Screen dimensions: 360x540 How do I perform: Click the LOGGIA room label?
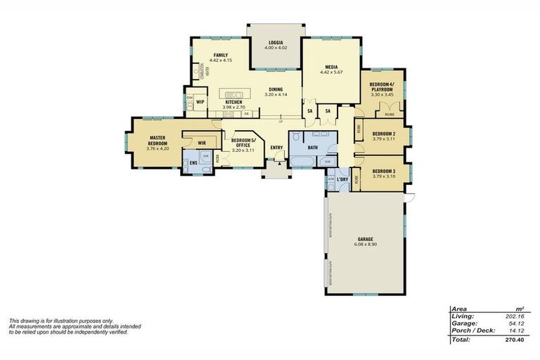tap(275, 42)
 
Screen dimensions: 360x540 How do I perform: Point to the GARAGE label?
tap(364, 239)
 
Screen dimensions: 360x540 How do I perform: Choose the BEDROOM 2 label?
tap(383, 134)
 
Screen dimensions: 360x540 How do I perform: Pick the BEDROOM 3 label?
tap(383, 172)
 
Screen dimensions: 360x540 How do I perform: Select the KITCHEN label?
tap(233, 103)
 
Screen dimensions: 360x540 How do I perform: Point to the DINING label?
tap(275, 89)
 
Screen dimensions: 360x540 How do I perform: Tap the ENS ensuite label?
tap(193, 163)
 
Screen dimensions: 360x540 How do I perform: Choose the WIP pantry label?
tap(200, 103)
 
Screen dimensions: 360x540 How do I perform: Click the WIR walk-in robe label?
tap(201, 143)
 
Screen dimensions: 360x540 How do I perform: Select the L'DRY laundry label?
tap(342, 180)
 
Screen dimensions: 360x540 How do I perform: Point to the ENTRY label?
tap(276, 148)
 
